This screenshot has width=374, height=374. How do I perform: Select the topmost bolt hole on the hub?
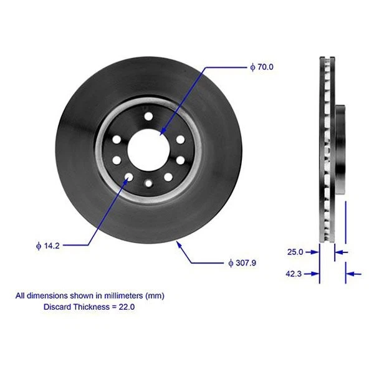click(x=148, y=117)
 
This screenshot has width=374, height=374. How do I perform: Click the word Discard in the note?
click(x=57, y=307)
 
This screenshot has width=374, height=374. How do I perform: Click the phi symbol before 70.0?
click(x=252, y=67)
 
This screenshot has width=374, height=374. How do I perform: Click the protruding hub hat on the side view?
click(x=341, y=150)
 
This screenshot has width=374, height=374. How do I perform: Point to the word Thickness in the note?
click(x=92, y=307)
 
